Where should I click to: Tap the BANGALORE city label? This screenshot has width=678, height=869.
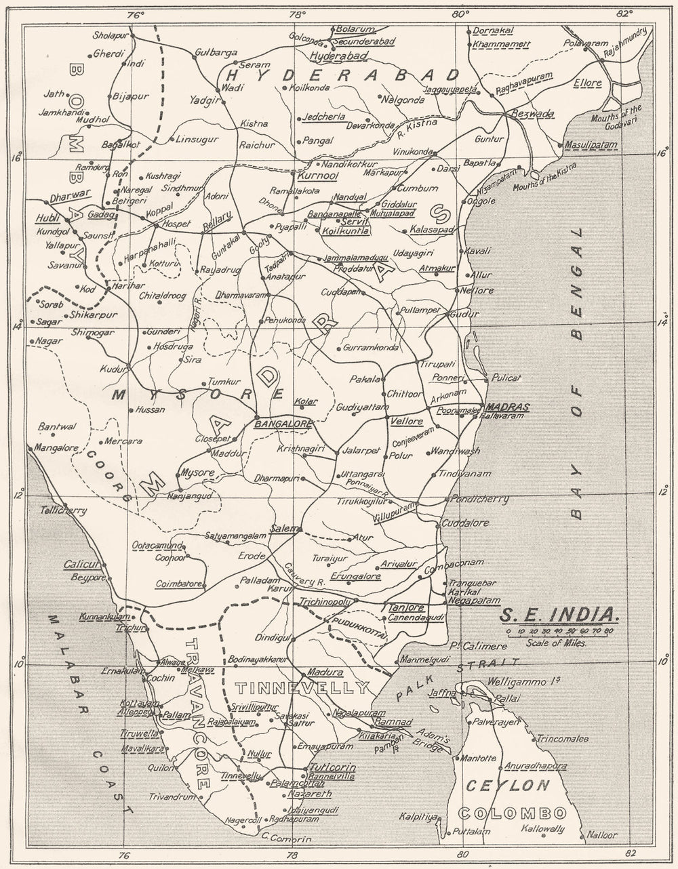point(282,424)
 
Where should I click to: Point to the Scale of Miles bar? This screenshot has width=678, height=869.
point(560,631)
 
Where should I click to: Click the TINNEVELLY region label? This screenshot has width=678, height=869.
point(302,688)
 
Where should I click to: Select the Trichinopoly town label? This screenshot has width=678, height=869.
point(323,601)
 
